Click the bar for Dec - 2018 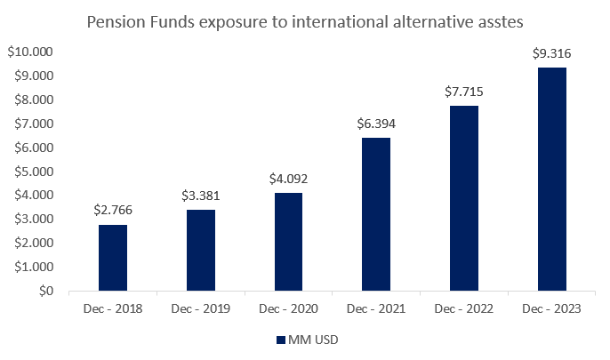click(x=112, y=258)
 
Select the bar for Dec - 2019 click(x=200, y=250)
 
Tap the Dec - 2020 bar click(x=288, y=242)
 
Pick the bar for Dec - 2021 click(x=376, y=214)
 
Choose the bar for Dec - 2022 click(x=464, y=198)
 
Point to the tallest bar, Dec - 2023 click(x=552, y=179)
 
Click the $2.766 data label click(x=112, y=211)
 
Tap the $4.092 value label click(x=288, y=179)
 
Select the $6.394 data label click(x=376, y=124)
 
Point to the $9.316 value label click(x=552, y=53)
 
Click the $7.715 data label click(x=464, y=92)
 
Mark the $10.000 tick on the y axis click(x=30, y=52)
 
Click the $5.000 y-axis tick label click(x=33, y=172)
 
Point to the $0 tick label click(x=43, y=291)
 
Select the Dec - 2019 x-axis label click(x=200, y=308)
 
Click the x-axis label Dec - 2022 click(x=464, y=308)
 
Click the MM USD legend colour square click(x=279, y=340)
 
